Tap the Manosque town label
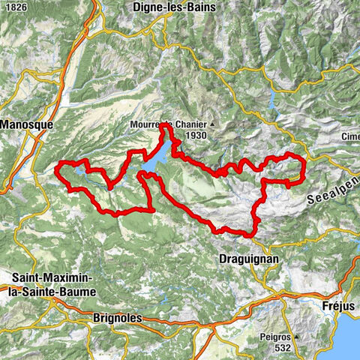point(25,121)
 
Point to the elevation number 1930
point(193,135)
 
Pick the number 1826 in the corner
point(15,7)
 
